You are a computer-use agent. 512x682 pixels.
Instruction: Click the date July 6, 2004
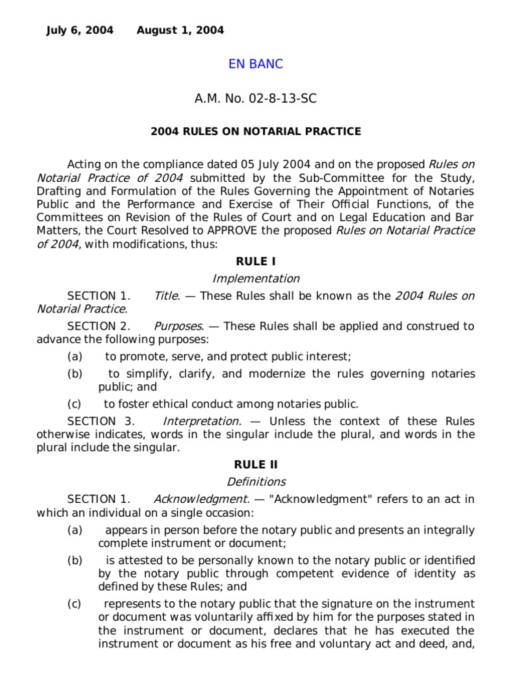tap(79, 30)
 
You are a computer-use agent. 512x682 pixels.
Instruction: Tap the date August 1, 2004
tap(180, 30)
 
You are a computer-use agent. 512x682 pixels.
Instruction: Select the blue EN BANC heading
tap(256, 64)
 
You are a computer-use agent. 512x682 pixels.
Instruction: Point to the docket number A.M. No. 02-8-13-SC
tap(256, 99)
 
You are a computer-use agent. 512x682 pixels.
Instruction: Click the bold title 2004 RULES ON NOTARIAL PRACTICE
tap(256, 131)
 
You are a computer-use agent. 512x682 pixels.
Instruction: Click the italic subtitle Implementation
tap(256, 278)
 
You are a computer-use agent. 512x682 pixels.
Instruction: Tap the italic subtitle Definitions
tap(256, 482)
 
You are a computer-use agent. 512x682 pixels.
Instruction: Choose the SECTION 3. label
tap(101, 421)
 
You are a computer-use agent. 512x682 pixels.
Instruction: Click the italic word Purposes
tap(178, 326)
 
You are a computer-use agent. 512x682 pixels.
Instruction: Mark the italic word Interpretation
tap(201, 421)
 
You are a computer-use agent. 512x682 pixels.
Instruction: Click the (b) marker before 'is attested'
tap(74, 560)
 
